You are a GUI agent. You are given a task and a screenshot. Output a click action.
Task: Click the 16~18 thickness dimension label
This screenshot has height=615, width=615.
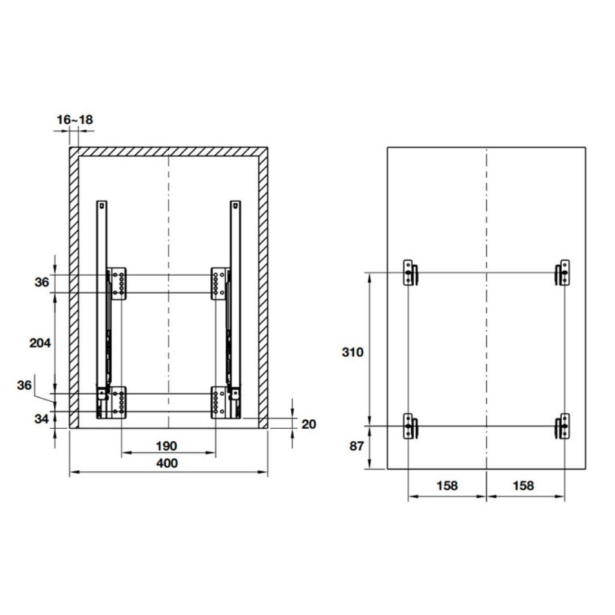click(75, 120)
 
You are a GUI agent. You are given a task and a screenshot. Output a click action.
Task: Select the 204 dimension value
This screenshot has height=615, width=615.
click(41, 343)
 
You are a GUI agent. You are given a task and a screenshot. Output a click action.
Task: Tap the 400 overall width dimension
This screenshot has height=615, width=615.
click(167, 463)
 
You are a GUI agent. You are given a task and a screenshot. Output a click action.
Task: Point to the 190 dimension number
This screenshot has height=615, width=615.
click(166, 446)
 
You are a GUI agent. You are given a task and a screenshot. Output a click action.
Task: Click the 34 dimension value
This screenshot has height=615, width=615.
click(41, 419)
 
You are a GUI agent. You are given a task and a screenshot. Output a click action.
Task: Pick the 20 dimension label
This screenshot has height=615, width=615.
click(308, 425)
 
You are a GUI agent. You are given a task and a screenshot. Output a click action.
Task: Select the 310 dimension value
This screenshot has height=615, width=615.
click(353, 353)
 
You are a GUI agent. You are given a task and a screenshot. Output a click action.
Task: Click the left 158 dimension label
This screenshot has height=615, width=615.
click(447, 485)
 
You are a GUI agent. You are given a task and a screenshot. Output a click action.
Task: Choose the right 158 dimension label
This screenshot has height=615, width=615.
click(523, 485)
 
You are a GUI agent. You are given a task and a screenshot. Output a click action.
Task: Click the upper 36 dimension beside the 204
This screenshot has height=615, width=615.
click(41, 283)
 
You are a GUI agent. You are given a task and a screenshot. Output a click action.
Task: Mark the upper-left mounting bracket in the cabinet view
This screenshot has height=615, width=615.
click(118, 283)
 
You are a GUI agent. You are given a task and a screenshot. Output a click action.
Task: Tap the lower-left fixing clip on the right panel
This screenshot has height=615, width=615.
click(410, 427)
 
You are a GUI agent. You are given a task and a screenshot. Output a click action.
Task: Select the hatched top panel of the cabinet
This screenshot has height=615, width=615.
click(168, 152)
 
